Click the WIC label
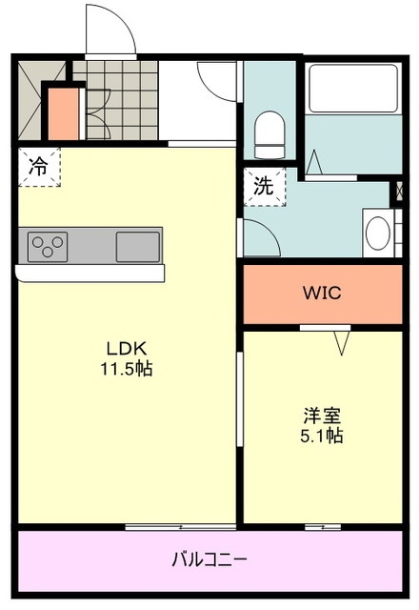coord(322,294)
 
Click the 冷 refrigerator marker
coord(38,167)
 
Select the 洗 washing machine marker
coord(263,187)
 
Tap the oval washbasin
coord(377,233)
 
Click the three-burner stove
coord(46,246)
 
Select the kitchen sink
coord(137,246)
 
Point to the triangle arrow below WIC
coord(342,340)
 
